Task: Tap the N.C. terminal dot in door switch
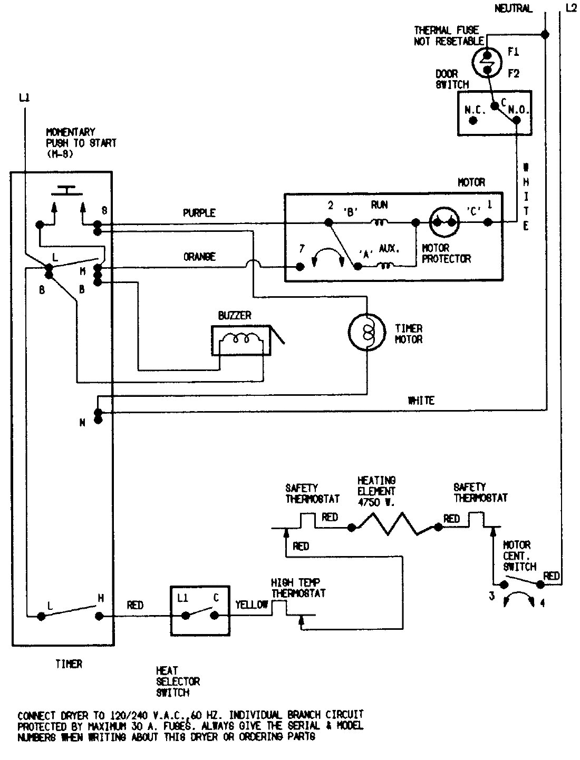point(473,120)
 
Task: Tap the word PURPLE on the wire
point(199,213)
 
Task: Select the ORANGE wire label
point(199,257)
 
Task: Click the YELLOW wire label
point(251,605)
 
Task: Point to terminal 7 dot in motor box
point(300,267)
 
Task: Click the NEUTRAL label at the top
point(513,8)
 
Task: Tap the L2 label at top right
point(570,8)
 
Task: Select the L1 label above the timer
point(23,97)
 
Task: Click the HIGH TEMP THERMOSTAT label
point(298,588)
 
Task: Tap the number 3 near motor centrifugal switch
point(491,597)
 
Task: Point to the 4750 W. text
point(376,502)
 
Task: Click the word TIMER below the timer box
point(69,665)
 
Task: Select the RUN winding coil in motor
point(379,222)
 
